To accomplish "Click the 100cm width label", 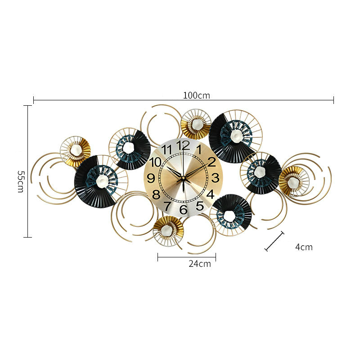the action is click(196, 95).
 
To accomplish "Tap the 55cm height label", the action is click(20, 181).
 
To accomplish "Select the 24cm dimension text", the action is click(200, 264).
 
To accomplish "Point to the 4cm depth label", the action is click(304, 247).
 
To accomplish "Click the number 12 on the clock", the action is click(183, 145).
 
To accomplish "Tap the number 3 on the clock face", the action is click(215, 178).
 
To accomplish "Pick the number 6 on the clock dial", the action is click(183, 209).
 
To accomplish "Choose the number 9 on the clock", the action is click(151, 178).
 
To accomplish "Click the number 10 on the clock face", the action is click(155, 162).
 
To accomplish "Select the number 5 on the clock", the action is click(200, 206).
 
